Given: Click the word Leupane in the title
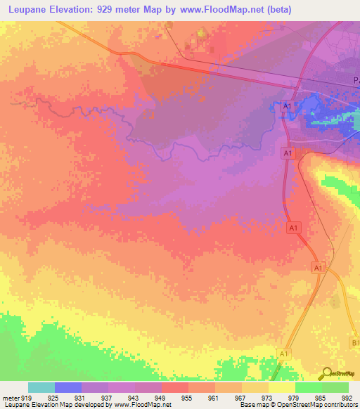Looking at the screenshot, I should click(32, 10).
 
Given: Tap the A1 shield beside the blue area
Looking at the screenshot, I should click(285, 105).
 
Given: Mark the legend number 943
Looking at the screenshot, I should click(135, 397).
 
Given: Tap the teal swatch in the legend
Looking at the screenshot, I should click(41, 387).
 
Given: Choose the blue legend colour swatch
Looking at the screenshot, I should click(68, 387).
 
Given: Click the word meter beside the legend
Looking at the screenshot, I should click(10, 397).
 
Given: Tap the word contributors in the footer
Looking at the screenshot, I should click(340, 405).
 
